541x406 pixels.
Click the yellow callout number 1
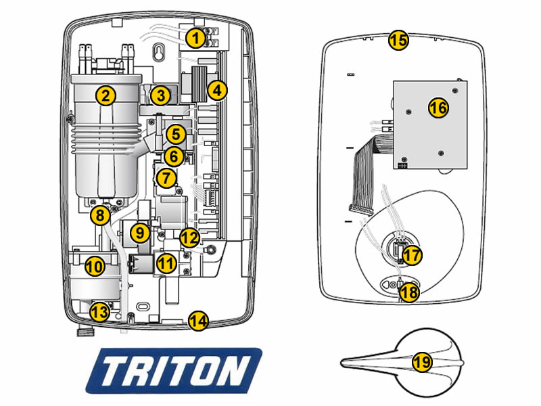[x=195, y=39]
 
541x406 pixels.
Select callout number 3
[x=160, y=95]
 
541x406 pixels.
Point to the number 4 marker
[x=216, y=89]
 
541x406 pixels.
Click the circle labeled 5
[x=175, y=133]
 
